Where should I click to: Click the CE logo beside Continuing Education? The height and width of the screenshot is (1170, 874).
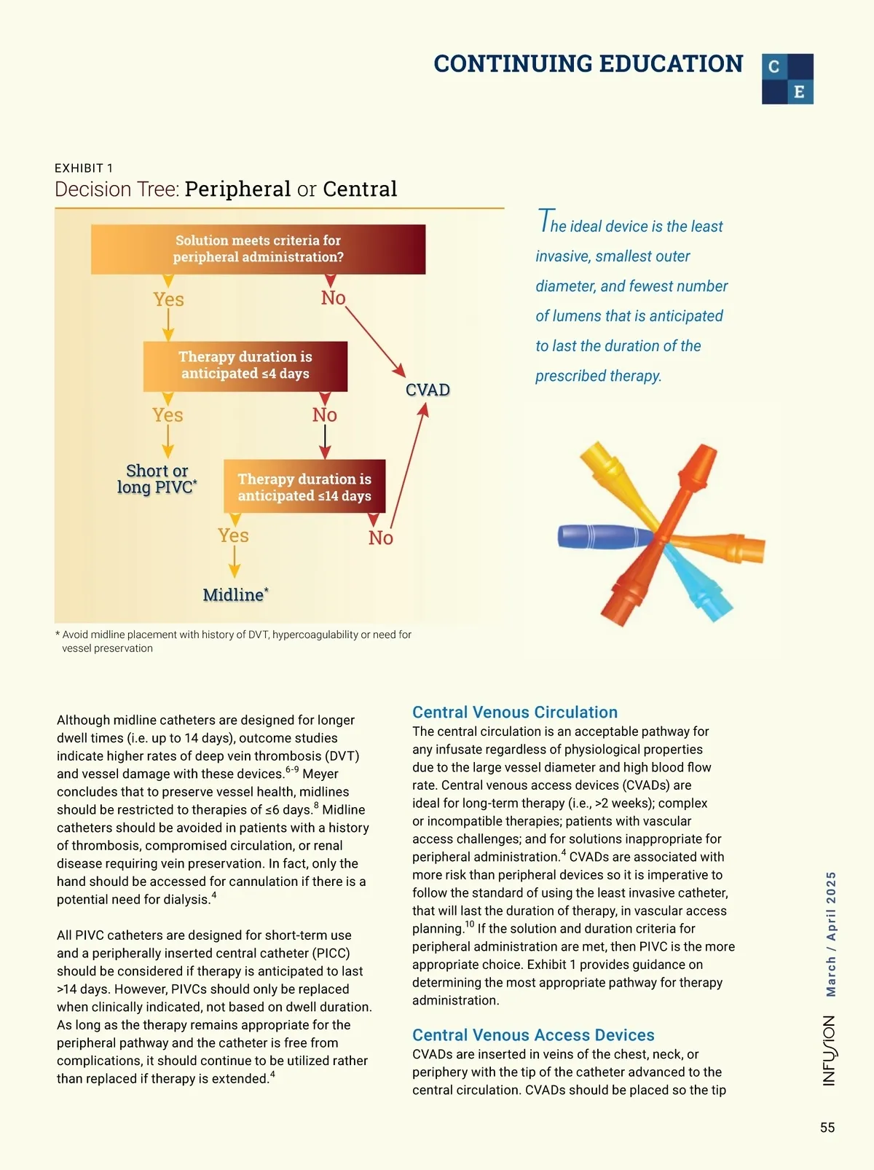(787, 79)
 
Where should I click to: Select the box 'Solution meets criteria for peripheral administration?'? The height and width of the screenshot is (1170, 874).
(258, 249)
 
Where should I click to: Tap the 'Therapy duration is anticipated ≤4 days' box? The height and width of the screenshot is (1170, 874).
(245, 366)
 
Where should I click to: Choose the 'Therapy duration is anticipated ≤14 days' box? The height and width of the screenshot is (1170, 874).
(304, 487)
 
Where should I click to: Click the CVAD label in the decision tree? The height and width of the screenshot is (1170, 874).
(428, 390)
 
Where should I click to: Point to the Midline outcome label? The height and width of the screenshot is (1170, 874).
(235, 595)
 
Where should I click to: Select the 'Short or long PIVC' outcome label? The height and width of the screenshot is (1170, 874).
(157, 479)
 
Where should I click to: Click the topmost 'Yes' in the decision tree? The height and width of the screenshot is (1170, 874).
(168, 299)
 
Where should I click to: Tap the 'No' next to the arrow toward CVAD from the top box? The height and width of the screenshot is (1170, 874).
(333, 298)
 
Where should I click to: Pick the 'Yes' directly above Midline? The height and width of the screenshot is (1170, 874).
(233, 535)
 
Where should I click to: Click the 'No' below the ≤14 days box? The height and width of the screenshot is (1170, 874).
(380, 538)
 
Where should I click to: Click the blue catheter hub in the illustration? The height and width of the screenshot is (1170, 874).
(597, 536)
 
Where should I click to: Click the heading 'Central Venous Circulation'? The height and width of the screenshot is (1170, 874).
(514, 712)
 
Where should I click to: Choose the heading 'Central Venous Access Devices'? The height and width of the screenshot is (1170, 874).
(533, 1035)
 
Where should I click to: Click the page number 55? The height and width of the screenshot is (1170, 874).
(827, 1128)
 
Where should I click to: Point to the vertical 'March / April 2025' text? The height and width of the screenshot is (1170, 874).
(831, 934)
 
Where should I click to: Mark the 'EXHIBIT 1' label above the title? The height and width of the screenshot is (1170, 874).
(84, 168)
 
